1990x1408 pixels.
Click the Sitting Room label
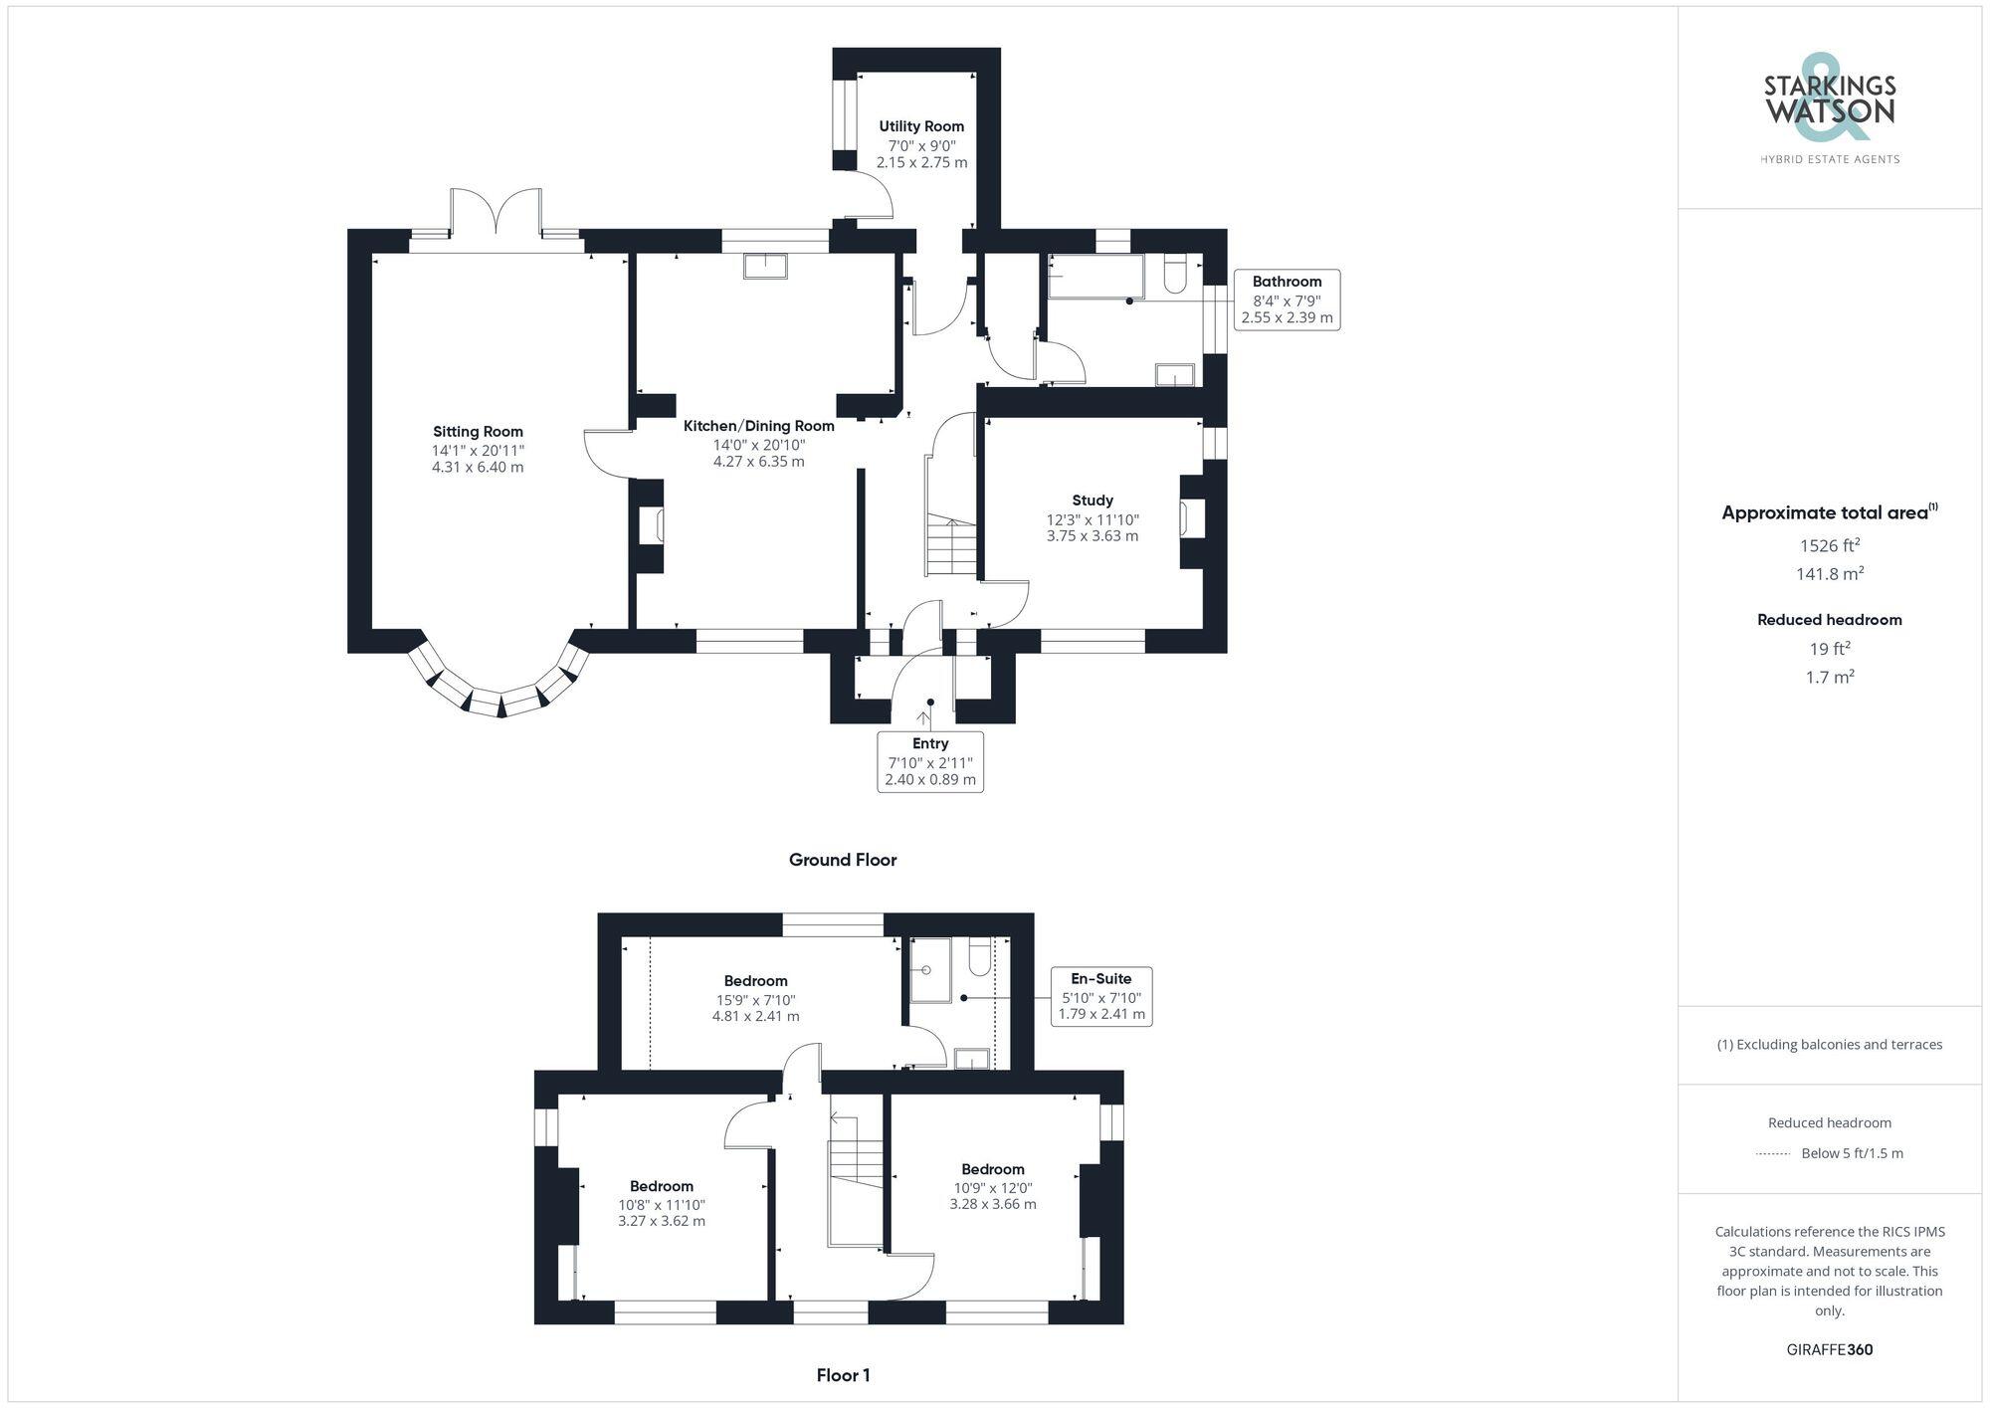[478, 432]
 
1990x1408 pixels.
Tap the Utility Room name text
[921, 126]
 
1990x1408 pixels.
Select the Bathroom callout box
[1287, 300]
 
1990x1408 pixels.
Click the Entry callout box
[930, 761]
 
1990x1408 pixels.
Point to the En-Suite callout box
[1100, 996]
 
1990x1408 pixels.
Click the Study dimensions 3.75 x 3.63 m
[1093, 536]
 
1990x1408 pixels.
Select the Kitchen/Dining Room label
[758, 426]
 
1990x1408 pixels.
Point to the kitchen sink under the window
[764, 266]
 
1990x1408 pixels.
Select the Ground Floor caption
[843, 860]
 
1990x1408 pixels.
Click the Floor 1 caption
[843, 1375]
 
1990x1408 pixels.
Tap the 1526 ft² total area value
[1829, 545]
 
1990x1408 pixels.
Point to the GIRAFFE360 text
[1829, 1350]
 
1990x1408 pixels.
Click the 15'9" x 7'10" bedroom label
[755, 999]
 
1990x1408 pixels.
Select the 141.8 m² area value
[1829, 574]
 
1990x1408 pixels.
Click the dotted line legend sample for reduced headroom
[1773, 1154]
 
